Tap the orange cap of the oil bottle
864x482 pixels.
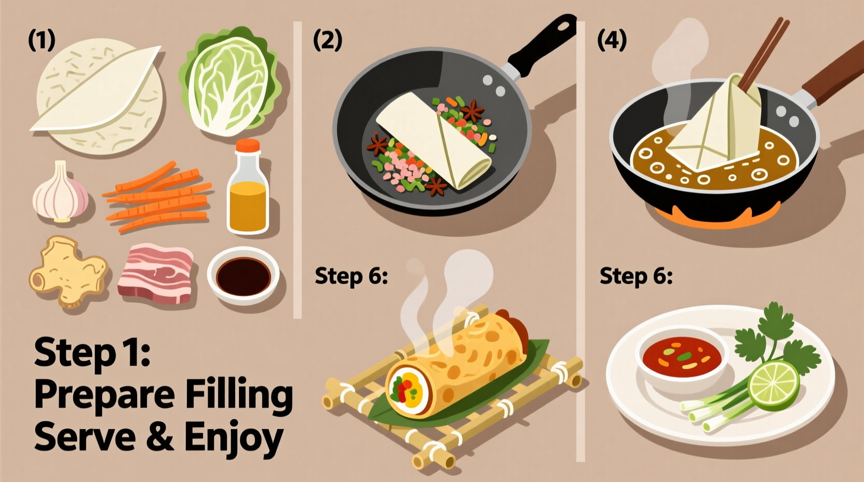pos(247,145)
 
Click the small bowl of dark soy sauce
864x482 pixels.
pos(243,275)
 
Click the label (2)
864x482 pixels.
pos(328,40)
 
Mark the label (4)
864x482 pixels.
pos(612,40)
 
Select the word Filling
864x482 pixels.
pos(239,396)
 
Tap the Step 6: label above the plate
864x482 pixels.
pos(636,276)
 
